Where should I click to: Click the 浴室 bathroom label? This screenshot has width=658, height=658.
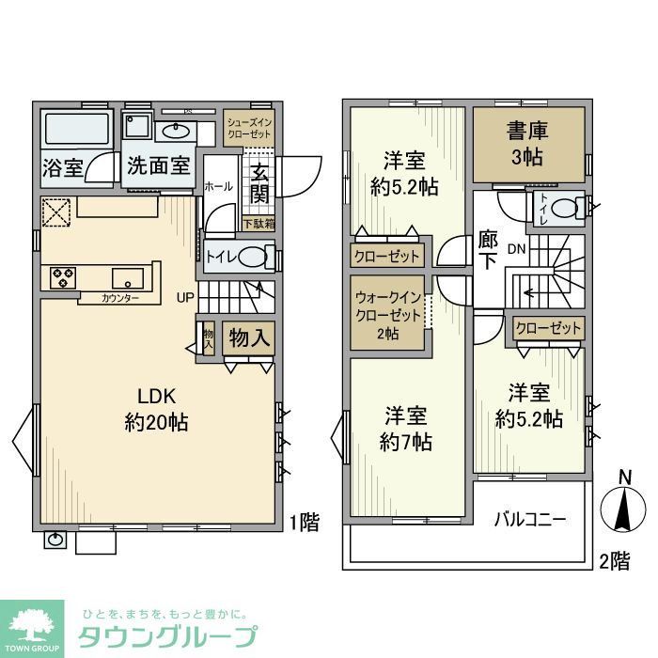pos(63,168)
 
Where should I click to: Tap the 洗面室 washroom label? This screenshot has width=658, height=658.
pos(160,166)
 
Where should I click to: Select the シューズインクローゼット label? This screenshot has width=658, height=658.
pos(249,128)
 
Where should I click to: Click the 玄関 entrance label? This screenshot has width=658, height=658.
pos(260,183)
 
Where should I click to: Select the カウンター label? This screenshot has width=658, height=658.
pos(121,298)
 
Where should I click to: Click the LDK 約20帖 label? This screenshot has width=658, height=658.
pos(157,409)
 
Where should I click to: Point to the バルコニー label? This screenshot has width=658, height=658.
pos(530,519)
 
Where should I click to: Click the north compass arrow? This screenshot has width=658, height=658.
pos(623,508)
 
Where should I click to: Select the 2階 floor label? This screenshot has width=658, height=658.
pos(615,561)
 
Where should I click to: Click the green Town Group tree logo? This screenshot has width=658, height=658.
pos(32,624)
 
